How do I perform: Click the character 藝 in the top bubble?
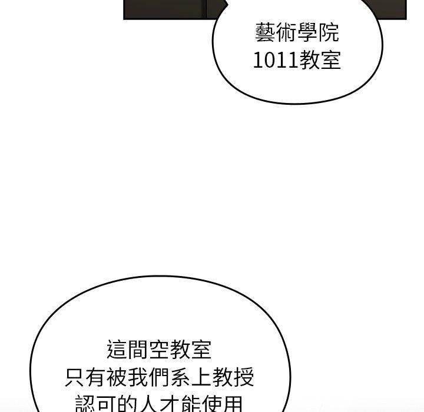[266, 33]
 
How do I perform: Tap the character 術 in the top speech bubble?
[287, 33]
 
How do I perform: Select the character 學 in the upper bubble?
[308, 33]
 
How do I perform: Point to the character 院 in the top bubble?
[329, 33]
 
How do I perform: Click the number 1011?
[276, 60]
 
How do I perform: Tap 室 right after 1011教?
[330, 60]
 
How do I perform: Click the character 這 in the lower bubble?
[117, 349]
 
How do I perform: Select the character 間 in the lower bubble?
[138, 349]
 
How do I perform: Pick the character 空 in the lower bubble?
[159, 349]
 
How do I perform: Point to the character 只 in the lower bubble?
[75, 377]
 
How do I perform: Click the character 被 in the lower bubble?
[117, 377]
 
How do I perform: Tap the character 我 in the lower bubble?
[138, 377]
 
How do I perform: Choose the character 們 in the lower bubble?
[159, 377]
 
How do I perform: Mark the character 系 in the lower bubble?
[180, 377]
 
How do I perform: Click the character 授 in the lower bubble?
[244, 377]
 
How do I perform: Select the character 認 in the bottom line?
[86, 403]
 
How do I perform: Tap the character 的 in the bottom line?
[128, 403]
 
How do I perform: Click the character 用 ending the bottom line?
[232, 403]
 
